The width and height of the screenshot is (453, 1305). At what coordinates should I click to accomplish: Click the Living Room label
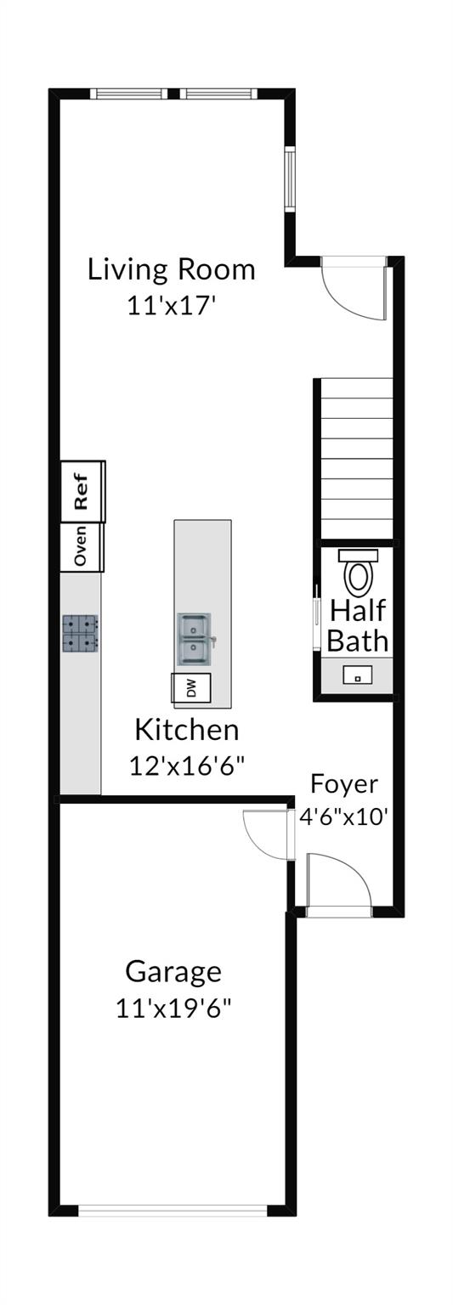click(x=172, y=269)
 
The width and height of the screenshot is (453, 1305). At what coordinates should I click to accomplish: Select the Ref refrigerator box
click(x=82, y=491)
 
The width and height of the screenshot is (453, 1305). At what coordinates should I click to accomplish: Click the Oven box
click(x=82, y=546)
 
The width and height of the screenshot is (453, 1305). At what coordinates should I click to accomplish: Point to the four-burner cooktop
click(x=80, y=634)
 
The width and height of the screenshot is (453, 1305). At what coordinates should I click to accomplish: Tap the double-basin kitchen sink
click(x=195, y=640)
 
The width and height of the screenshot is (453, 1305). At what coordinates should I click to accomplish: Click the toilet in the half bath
click(x=358, y=573)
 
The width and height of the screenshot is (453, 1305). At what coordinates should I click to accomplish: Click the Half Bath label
click(x=358, y=624)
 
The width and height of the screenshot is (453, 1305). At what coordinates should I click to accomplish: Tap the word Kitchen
click(x=187, y=729)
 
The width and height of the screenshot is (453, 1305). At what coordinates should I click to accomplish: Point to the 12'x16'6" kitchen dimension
click(x=187, y=765)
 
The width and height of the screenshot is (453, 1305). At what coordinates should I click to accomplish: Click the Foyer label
click(x=344, y=783)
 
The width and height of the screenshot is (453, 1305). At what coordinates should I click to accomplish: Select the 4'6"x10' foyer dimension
click(x=344, y=817)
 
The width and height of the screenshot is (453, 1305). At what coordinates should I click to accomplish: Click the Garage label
click(x=173, y=970)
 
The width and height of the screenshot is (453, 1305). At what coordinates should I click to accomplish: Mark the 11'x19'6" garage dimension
click(x=173, y=1008)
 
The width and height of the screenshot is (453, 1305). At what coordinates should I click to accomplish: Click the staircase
click(x=356, y=458)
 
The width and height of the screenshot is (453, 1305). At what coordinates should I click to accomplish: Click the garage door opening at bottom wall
click(x=173, y=1210)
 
